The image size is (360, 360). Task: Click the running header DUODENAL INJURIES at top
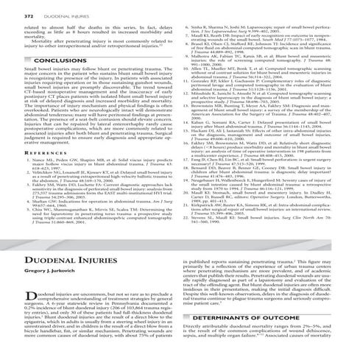click(x=56, y=7)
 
